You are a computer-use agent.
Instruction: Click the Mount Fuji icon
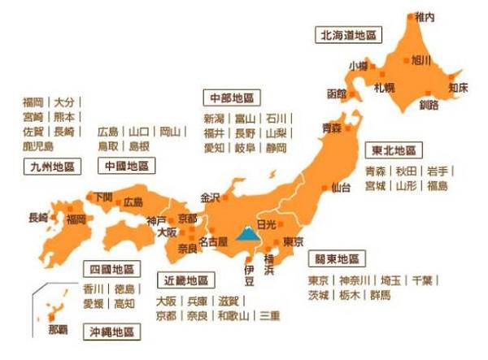click(x=244, y=236)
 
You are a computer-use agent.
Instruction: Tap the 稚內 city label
click(x=425, y=16)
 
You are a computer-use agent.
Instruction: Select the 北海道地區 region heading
click(x=349, y=36)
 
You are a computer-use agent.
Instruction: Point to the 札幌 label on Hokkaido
click(x=384, y=87)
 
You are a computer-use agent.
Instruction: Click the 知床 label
click(x=458, y=87)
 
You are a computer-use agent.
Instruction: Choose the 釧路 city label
click(x=429, y=104)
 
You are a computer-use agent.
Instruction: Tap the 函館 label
click(x=336, y=93)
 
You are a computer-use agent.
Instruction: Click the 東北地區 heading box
click(x=394, y=150)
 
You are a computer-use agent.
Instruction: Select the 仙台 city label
click(x=342, y=189)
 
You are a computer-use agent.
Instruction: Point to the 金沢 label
click(x=210, y=197)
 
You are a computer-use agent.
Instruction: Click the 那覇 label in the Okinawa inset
click(x=59, y=329)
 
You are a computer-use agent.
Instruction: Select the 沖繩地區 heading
click(x=115, y=332)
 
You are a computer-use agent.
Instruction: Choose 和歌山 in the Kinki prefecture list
click(x=234, y=315)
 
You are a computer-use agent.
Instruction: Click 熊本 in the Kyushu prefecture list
click(x=64, y=117)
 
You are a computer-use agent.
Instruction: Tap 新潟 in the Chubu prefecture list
click(x=214, y=119)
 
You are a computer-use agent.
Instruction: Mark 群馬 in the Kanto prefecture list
click(x=379, y=295)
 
